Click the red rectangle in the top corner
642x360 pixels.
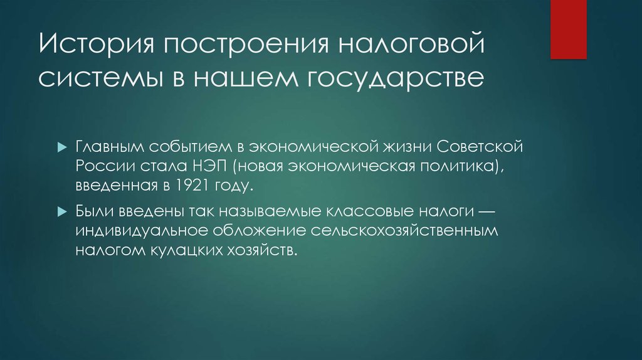point(568,29)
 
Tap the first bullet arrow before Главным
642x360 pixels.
point(61,146)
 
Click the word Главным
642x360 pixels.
point(110,146)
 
